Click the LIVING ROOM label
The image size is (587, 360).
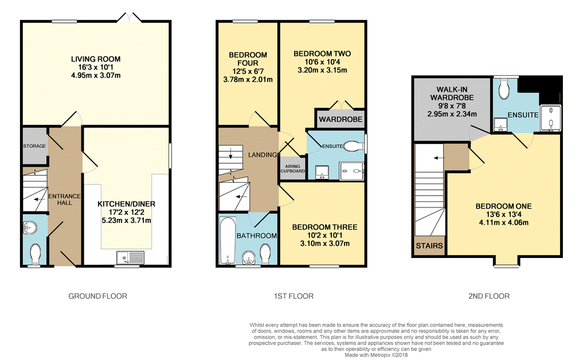click(96, 59)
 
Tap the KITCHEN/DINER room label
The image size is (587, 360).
click(126, 204)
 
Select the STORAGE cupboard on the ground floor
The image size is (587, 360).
click(34, 146)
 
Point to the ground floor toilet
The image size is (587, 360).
click(35, 252)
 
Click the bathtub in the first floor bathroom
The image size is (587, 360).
click(228, 241)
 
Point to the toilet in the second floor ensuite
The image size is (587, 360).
click(504, 89)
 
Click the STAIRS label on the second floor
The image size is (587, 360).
click(429, 246)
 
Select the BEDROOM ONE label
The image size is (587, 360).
click(503, 206)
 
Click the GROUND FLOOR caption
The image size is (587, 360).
click(97, 296)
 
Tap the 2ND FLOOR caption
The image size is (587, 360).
click(488, 296)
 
